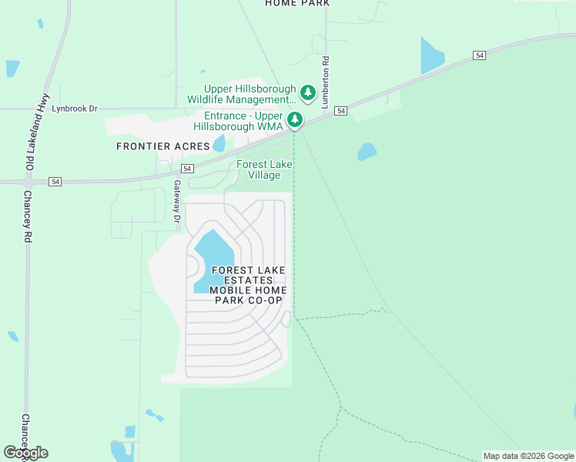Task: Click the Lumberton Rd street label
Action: pyautogui.click(x=326, y=81)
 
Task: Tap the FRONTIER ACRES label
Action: pyautogui.click(x=162, y=146)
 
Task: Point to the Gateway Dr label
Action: pyautogui.click(x=177, y=201)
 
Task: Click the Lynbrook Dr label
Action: pyautogui.click(x=75, y=109)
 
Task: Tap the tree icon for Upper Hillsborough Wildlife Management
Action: pyautogui.click(x=308, y=93)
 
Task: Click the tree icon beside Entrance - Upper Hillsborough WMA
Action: pyautogui.click(x=294, y=119)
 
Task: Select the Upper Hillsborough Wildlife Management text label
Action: pyautogui.click(x=242, y=95)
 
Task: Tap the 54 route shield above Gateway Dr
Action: pyautogui.click(x=186, y=168)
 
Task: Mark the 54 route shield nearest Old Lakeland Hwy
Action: pyautogui.click(x=55, y=181)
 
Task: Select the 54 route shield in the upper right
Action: pyautogui.click(x=480, y=55)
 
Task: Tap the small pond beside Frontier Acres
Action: pyautogui.click(x=219, y=143)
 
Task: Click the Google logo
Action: pyautogui.click(x=25, y=453)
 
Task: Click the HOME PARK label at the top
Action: pyautogui.click(x=297, y=3)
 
